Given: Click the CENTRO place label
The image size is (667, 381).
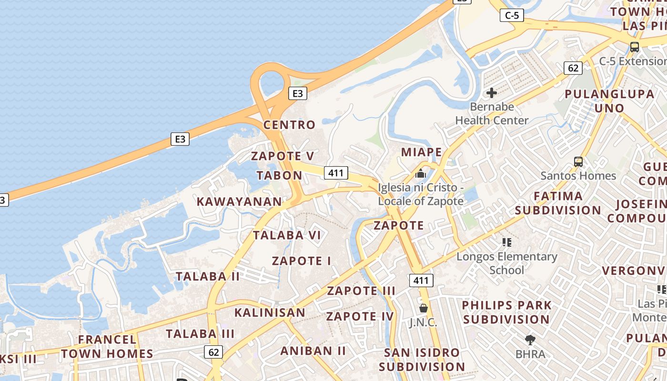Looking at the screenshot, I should pos(289,125).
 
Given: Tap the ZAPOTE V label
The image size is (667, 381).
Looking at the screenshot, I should pos(283,156).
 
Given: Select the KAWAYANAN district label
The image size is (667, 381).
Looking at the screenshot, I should pos(239,201).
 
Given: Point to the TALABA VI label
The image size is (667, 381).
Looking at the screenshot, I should pos(287,235).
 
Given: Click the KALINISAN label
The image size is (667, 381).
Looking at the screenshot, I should pos(270,312).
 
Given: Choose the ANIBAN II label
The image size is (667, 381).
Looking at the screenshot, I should pos(313,351).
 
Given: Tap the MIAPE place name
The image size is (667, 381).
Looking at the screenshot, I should pos(421,152).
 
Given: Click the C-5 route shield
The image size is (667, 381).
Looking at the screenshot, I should pos(512,16).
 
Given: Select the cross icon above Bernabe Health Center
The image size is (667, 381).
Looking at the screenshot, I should pos(492,93).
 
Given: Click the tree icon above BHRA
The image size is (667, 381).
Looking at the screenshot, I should pos(530,340).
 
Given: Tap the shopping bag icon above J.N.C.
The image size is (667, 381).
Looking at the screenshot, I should pos(423,308).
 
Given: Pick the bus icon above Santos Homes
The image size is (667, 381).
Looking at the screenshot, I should pos(578,162).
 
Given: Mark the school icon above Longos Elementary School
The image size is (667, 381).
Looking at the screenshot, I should pos(506,242).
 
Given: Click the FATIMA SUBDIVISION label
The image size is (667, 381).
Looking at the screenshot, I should pos(558,203).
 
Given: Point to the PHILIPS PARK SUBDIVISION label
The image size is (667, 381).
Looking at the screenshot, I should pos(506,312).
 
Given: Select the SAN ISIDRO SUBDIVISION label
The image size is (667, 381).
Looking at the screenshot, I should pos(422,360).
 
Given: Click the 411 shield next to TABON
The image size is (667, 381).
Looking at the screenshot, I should pos(336,172).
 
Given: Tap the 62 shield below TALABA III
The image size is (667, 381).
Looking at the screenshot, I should pos(213,352).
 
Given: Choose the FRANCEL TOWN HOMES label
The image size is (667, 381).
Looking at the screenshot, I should pos(107,346).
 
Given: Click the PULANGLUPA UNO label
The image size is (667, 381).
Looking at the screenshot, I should pos(609,101).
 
